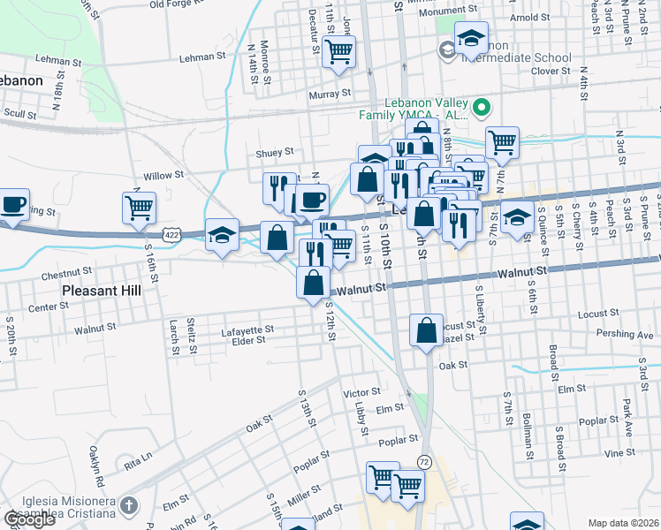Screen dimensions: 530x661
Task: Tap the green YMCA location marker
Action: [x=482, y=109]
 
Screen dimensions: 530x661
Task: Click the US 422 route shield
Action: [x=171, y=233]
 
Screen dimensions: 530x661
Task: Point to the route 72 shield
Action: [x=425, y=462]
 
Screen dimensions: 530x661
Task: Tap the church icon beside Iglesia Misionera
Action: [x=129, y=506]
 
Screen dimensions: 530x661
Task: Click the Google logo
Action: [x=29, y=519]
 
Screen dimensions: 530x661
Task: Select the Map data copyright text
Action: [x=623, y=523]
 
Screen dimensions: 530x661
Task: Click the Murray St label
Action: [x=330, y=93]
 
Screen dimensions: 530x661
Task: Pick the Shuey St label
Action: [x=274, y=152]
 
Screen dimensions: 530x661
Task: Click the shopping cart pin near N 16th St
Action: [x=139, y=208]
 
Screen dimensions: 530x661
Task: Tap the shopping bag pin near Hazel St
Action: [x=426, y=330]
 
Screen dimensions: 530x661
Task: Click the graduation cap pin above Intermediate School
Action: [x=471, y=38]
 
